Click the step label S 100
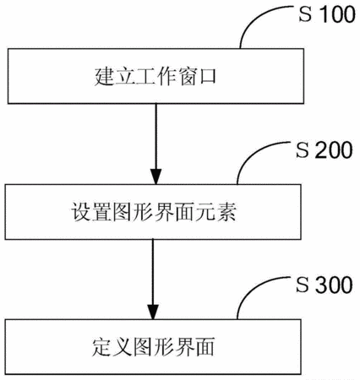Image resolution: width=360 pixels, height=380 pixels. pyautogui.click(x=327, y=14)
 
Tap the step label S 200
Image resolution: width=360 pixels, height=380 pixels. pyautogui.click(x=325, y=149)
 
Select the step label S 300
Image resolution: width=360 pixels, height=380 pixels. pyautogui.click(x=325, y=285)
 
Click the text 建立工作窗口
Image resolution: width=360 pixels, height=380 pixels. pyautogui.click(x=155, y=76)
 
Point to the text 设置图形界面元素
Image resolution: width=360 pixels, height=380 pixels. pyautogui.click(x=153, y=212)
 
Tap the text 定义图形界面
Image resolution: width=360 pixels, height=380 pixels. pyautogui.click(x=153, y=347)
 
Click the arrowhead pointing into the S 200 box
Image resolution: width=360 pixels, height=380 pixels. pyautogui.click(x=155, y=176)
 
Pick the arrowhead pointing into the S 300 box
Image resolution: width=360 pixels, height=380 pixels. pyautogui.click(x=153, y=312)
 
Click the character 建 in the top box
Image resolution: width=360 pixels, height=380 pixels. pyautogui.click(x=104, y=77)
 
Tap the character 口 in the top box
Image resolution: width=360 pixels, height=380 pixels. pyautogui.click(x=207, y=77)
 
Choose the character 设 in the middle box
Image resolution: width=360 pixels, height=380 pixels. pyautogui.click(x=80, y=212)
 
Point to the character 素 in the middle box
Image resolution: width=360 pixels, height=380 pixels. pyautogui.click(x=226, y=212)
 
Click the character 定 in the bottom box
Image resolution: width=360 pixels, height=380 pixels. pyautogui.click(x=101, y=347)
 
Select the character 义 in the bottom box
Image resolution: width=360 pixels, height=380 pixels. pyautogui.click(x=122, y=347)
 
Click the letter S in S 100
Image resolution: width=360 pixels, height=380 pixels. pyautogui.click(x=305, y=14)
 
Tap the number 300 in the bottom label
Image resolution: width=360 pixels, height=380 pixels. pyautogui.click(x=334, y=285)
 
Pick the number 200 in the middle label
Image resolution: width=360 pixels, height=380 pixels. pyautogui.click(x=334, y=149)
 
